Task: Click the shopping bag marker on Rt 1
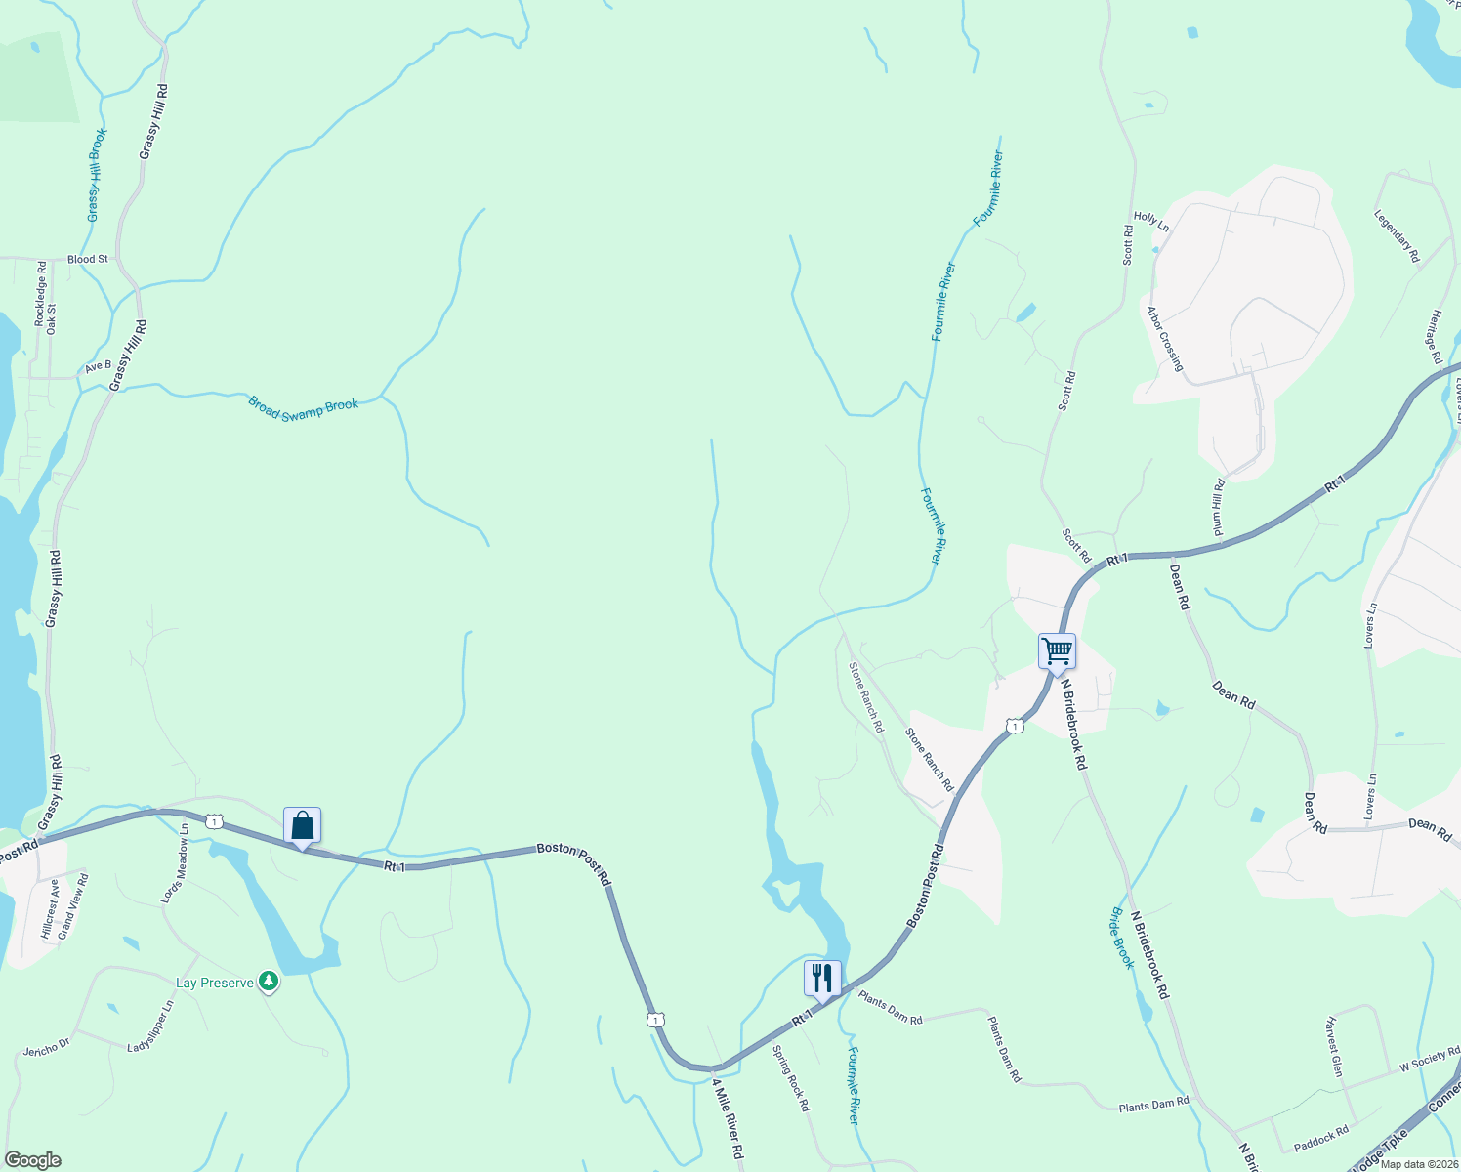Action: pos(303,826)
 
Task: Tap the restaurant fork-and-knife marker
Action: pos(822,978)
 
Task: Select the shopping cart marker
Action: pos(1057,650)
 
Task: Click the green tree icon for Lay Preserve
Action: pos(269,983)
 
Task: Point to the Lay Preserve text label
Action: pos(215,983)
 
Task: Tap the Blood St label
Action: pos(88,259)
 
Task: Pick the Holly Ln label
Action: pos(1151,220)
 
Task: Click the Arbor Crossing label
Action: pos(1165,340)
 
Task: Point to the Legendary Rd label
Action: pos(1397,235)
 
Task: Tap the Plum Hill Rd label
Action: pos(1219,508)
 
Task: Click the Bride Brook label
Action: pos(1122,938)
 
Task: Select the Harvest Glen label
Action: pos(1335,1047)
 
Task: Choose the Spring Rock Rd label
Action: pos(791,1078)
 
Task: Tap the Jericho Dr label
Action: pos(47,1048)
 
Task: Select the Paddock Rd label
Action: pos(1320,1136)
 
